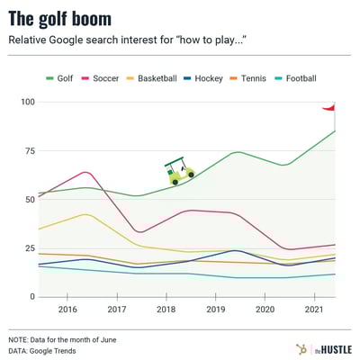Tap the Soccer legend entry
[99, 79]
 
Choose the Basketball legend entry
[155, 79]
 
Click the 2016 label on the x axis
[67, 309]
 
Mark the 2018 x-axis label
[166, 309]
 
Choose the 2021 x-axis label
[315, 309]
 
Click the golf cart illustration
[179, 170]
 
